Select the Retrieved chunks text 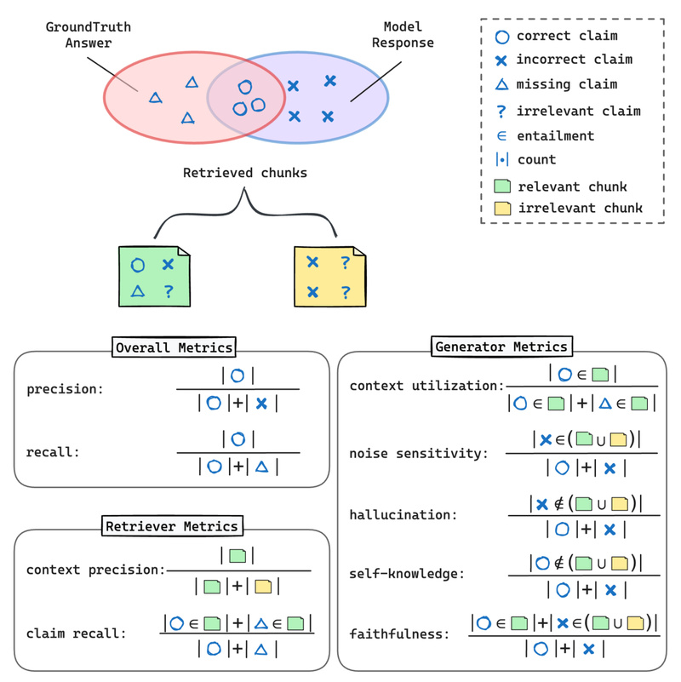coord(244,173)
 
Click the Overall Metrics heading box coord(175,347)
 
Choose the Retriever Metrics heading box coord(173,526)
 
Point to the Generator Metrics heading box coord(501,347)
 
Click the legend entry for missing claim coord(566,84)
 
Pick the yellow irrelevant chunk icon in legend coord(502,208)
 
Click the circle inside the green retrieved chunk coord(138,265)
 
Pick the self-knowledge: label coord(407,574)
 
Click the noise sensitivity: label coord(419,453)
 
